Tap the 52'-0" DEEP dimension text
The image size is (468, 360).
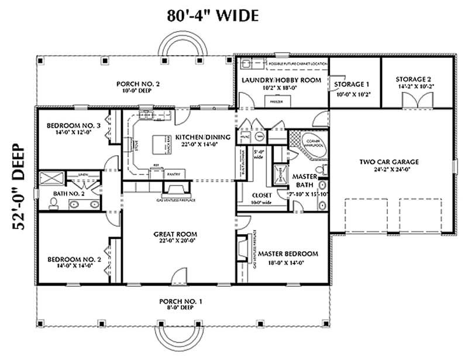coord(18,188)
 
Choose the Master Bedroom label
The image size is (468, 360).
coord(288,253)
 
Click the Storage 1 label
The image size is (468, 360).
coord(352,84)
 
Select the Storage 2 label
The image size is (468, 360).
coord(413,79)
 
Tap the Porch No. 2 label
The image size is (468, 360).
coord(138,84)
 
